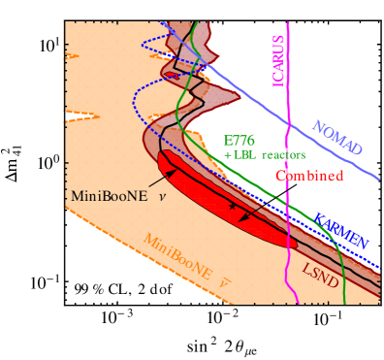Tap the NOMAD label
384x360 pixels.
pos(336,137)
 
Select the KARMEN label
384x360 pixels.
pos(339,230)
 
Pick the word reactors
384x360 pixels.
pos(282,155)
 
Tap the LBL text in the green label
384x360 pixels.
pos(244,155)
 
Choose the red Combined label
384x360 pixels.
pos(310,176)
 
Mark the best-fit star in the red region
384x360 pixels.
pos(232,209)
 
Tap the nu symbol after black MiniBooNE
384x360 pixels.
pos(161,196)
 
